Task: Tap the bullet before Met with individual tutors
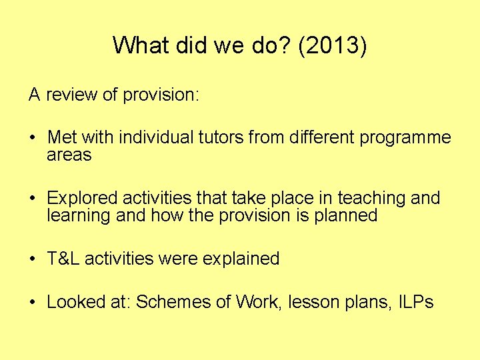(33, 139)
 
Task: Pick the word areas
(69, 155)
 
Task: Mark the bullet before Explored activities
(33, 199)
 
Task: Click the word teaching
(370, 198)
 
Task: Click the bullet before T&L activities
(33, 259)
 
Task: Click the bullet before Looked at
(33, 303)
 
